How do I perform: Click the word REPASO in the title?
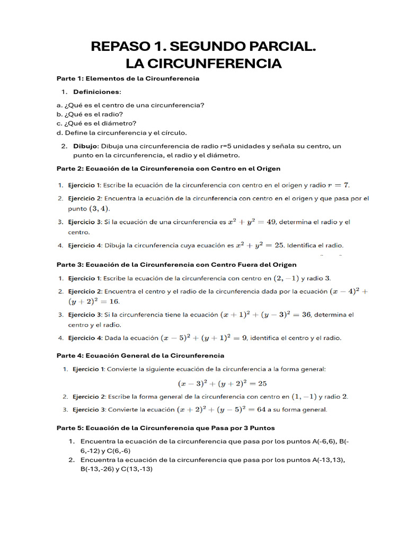(x=120, y=47)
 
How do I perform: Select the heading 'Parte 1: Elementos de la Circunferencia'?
(x=128, y=78)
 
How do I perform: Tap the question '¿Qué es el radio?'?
(x=90, y=114)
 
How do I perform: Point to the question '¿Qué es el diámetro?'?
(x=93, y=123)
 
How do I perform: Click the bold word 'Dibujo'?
(x=85, y=146)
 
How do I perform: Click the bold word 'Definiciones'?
(x=96, y=92)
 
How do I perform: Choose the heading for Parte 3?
(x=176, y=264)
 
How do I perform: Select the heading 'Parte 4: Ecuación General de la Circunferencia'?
(x=140, y=355)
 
